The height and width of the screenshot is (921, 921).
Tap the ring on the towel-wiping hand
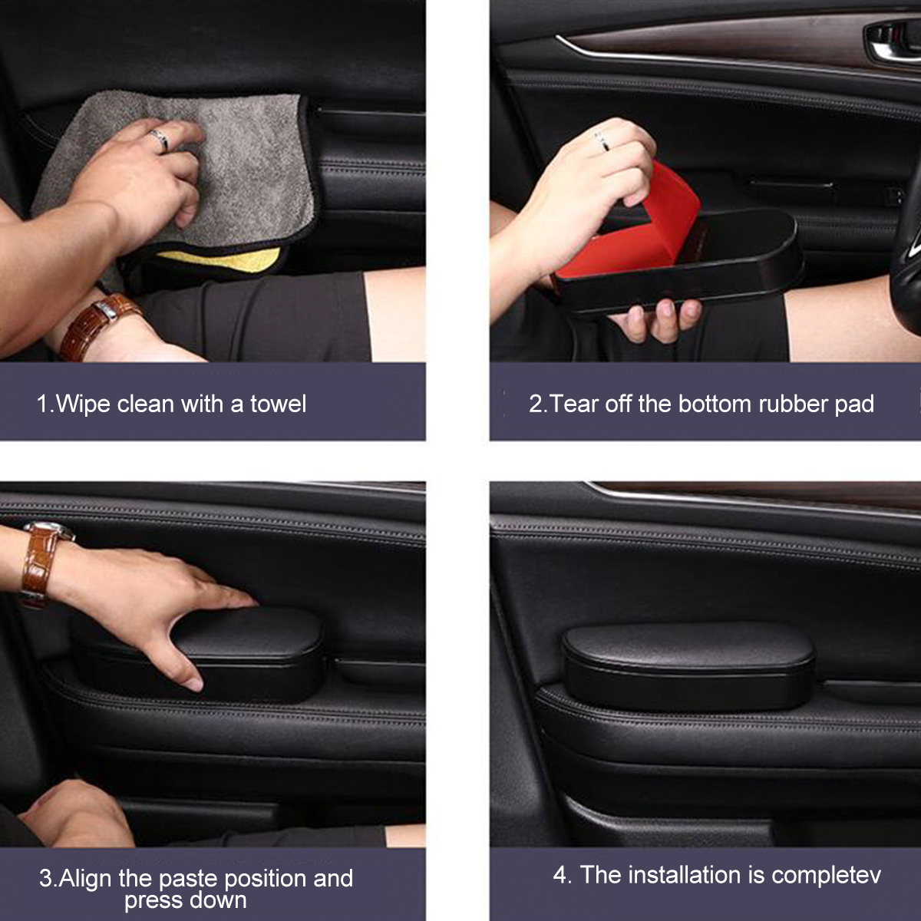pyautogui.click(x=159, y=140)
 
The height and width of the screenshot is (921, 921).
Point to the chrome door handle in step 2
pyautogui.click(x=894, y=42)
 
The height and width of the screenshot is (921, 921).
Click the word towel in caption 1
pyautogui.click(x=278, y=403)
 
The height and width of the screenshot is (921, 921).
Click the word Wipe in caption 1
pyautogui.click(x=84, y=403)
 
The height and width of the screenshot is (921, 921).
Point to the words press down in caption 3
pyautogui.click(x=185, y=900)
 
